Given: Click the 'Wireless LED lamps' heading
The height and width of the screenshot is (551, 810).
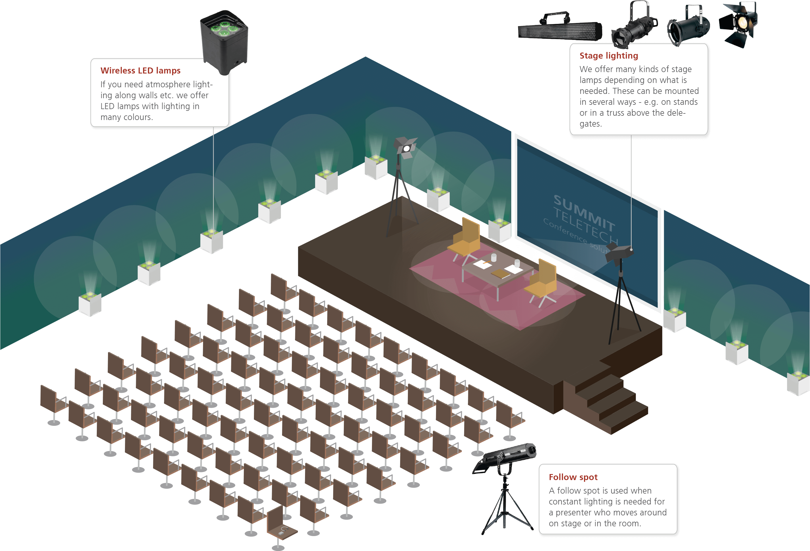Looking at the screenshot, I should [140, 70].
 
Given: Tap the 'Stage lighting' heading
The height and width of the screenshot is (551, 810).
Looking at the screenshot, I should [609, 56].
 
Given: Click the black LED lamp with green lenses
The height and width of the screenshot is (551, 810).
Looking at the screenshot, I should [224, 42].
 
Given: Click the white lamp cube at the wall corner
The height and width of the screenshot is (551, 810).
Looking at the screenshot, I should [376, 168].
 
